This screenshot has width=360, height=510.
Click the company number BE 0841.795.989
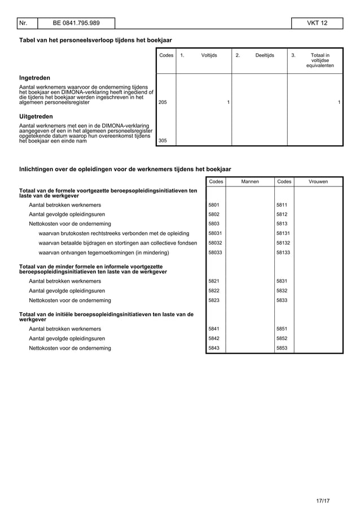point(76,23)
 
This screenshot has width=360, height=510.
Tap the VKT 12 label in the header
point(317,23)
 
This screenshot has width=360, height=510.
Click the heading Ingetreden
point(35,77)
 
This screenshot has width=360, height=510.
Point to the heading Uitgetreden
point(36,116)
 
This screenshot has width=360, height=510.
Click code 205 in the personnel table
point(163,102)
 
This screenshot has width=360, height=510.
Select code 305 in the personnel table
point(163,141)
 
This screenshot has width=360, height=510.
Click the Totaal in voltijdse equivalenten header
point(320,60)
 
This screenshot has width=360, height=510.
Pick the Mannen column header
point(249,181)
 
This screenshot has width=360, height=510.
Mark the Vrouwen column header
point(318,181)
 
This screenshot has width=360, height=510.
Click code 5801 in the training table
point(214,204)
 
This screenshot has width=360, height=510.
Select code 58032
point(215,242)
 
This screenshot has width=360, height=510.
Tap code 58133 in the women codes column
point(283,252)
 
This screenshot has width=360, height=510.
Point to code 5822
point(214,290)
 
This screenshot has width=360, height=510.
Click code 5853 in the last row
point(282,348)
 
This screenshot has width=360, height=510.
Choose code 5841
point(214,329)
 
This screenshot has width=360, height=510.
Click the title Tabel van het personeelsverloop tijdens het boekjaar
point(95,41)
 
